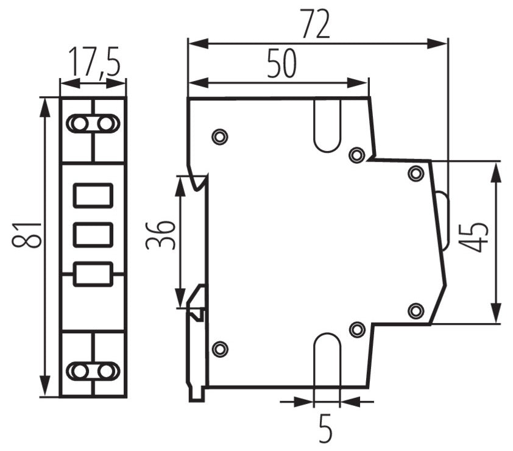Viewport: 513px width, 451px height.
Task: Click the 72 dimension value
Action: pos(316,24)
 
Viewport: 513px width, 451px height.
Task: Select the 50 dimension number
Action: pos(281,63)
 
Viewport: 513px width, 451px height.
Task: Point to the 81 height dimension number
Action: pos(27,235)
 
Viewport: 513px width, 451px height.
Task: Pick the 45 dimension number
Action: pos(473,238)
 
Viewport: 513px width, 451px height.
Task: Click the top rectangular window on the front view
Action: pos(93,196)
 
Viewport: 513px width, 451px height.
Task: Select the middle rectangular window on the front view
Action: pos(93,235)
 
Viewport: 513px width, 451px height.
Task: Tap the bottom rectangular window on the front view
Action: pos(93,274)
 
